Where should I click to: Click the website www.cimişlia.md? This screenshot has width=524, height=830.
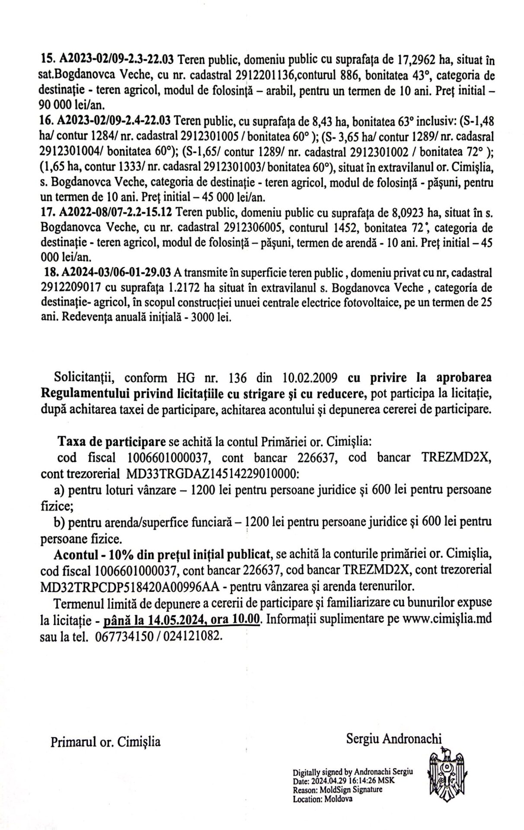click(x=447, y=619)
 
